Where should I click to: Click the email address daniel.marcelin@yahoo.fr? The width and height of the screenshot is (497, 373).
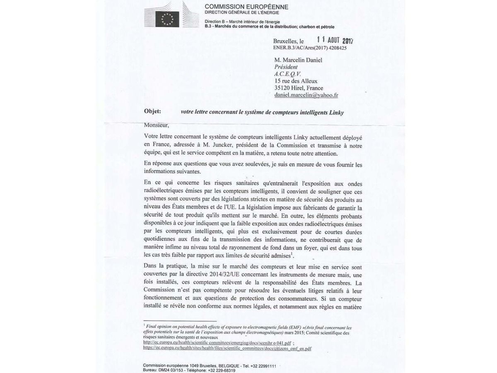(306, 95)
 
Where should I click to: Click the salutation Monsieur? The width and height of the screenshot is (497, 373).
(157, 125)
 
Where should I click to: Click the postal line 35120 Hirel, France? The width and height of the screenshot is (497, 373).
(298, 88)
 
